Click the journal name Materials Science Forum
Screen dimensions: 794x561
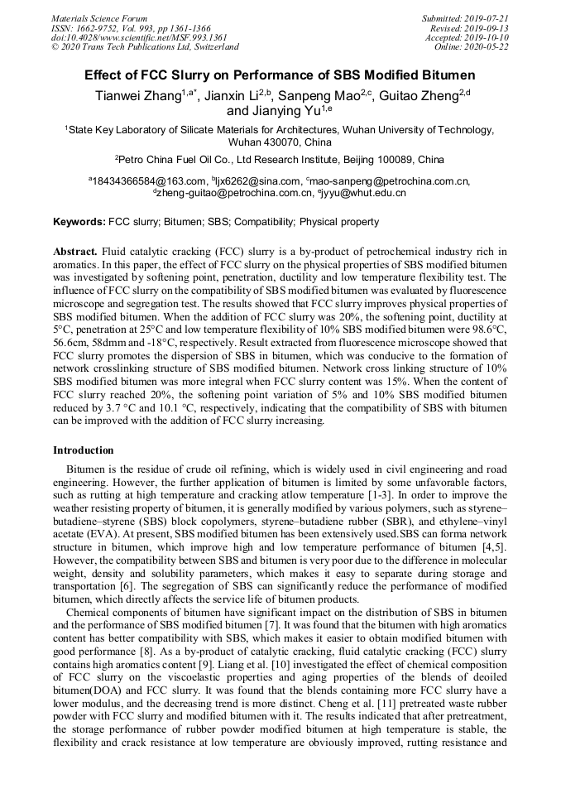coord(99,18)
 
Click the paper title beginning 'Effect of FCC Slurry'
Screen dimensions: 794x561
coord(280,75)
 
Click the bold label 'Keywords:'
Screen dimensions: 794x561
coord(79,222)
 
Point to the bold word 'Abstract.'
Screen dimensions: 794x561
coord(76,251)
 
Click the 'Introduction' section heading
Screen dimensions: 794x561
coord(84,450)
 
